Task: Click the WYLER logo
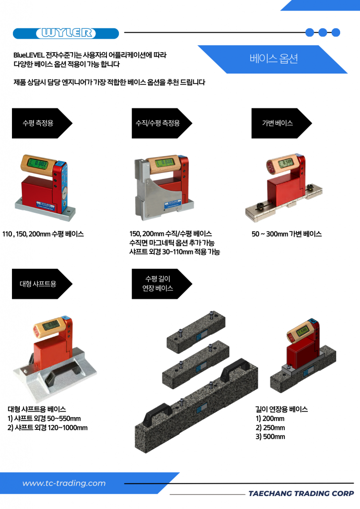point(66,33)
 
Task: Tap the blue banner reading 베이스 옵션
point(273,59)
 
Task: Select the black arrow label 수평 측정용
point(42,123)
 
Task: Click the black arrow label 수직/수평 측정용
point(162,123)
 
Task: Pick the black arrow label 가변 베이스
point(281,123)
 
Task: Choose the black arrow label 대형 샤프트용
point(42,284)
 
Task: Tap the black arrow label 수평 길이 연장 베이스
point(162,284)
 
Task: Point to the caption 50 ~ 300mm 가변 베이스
point(286,234)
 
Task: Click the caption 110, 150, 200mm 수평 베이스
point(43,234)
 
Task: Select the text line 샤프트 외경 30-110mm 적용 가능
point(175,252)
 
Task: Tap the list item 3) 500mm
point(270,436)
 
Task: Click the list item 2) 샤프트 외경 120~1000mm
point(47,427)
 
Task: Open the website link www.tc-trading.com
point(64,483)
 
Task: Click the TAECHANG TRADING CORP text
point(301,494)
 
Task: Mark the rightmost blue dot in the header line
point(336,32)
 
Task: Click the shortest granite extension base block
point(196,330)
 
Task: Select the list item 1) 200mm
point(270,419)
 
